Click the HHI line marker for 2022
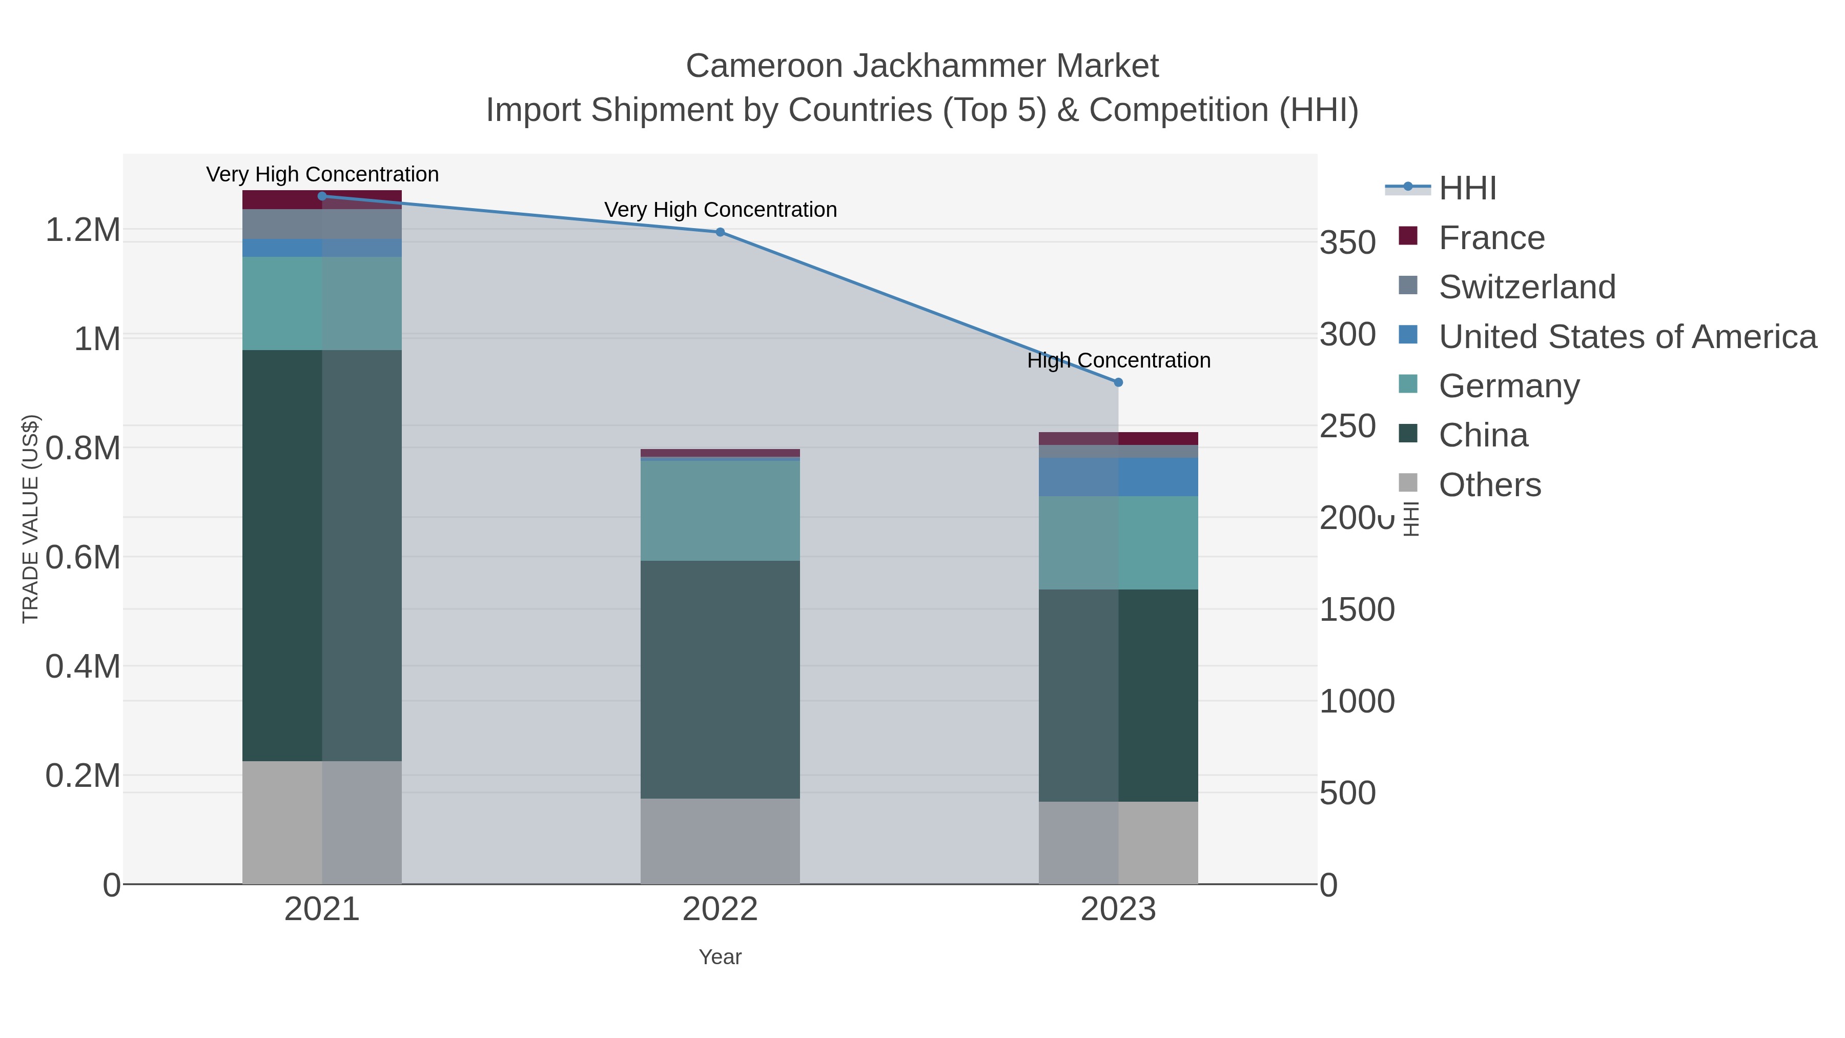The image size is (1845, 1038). (x=720, y=232)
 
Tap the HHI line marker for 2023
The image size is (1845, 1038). (x=1118, y=382)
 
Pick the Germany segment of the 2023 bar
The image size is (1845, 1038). (x=1118, y=542)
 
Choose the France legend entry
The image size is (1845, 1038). (x=1491, y=238)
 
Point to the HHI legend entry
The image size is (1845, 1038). (x=1467, y=189)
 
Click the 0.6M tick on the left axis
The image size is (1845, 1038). (x=83, y=557)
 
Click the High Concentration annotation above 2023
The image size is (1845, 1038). (x=1118, y=360)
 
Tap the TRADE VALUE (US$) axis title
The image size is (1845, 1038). (x=30, y=519)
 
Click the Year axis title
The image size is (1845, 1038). (x=720, y=957)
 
